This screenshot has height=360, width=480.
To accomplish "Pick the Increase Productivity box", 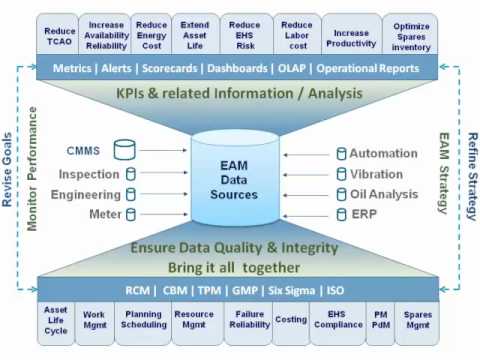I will tap(351, 37).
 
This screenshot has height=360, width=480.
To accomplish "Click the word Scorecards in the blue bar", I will tap(166, 68).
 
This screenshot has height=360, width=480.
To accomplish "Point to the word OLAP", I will tap(293, 68).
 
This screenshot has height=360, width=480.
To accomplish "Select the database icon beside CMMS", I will tap(125, 151).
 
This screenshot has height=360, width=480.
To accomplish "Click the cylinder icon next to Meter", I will tap(129, 214).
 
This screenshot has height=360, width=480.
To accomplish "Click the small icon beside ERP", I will tap(342, 214).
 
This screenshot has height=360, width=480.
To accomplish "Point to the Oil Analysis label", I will tap(384, 194).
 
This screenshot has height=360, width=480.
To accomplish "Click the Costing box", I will tap(290, 320).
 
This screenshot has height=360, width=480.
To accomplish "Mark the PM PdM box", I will tap(380, 320).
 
